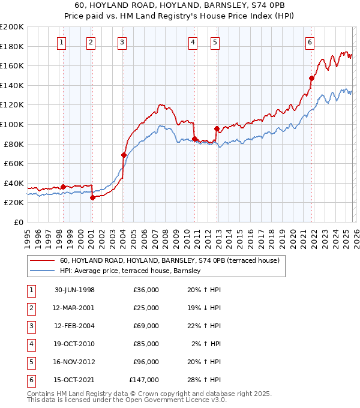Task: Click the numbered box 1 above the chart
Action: (x=62, y=42)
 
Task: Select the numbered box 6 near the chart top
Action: (x=310, y=42)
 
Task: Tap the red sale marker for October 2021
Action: (x=311, y=78)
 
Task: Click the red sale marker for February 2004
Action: (x=124, y=155)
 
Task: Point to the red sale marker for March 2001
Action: (x=92, y=197)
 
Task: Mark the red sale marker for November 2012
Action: (x=216, y=128)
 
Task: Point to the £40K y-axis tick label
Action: (x=14, y=183)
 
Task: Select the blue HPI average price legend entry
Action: (x=130, y=271)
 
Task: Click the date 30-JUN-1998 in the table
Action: (x=74, y=290)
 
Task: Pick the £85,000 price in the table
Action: (x=144, y=344)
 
